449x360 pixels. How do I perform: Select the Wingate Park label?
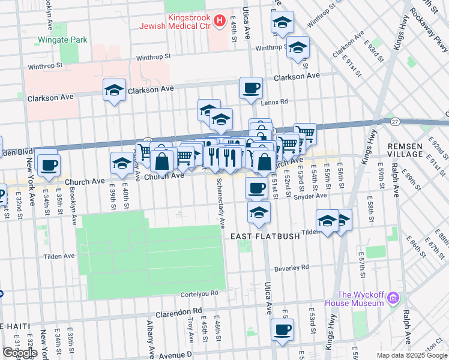click(x=62, y=40)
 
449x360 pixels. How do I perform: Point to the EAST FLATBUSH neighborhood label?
click(x=265, y=236)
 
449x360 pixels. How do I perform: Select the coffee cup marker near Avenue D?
click(x=282, y=329)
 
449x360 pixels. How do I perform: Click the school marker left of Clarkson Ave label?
click(x=114, y=89)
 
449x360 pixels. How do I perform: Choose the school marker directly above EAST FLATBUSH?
click(x=259, y=213)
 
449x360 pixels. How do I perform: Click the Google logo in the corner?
click(x=20, y=353)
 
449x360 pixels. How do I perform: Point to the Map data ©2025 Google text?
click(x=411, y=355)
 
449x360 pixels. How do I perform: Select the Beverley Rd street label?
click(x=291, y=267)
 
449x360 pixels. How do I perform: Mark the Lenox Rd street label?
click(x=275, y=102)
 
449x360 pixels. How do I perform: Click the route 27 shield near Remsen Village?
click(x=395, y=121)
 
